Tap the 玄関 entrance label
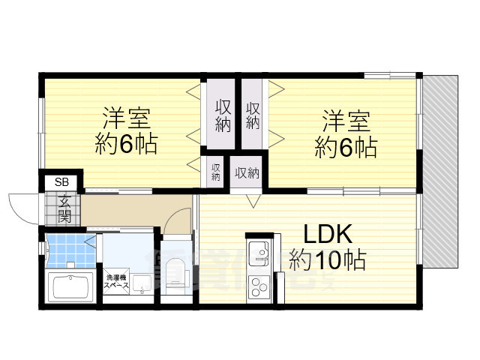[x=64, y=209]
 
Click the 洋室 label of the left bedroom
[x=126, y=118]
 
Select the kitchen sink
[x=259, y=253]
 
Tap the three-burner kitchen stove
[x=259, y=286]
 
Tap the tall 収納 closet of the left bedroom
[x=223, y=115]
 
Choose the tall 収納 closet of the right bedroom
[x=252, y=115]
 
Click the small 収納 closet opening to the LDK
[x=247, y=173]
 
